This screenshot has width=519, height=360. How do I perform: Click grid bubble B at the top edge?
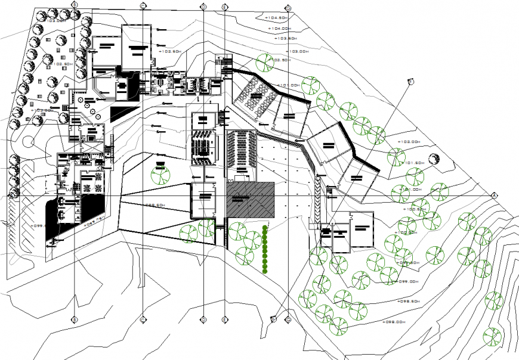[75, 4]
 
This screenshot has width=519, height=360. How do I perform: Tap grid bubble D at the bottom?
[203, 319]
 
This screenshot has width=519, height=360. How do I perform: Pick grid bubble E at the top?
[224, 7]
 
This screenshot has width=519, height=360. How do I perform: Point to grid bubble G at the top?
[288, 8]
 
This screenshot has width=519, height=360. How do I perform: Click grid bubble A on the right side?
[494, 195]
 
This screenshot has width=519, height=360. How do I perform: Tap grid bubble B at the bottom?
[75, 319]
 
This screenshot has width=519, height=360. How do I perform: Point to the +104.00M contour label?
[279, 28]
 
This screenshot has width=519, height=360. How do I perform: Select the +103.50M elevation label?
[286, 39]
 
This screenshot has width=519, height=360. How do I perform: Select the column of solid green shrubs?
[265, 250]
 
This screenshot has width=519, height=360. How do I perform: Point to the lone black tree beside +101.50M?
[434, 159]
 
